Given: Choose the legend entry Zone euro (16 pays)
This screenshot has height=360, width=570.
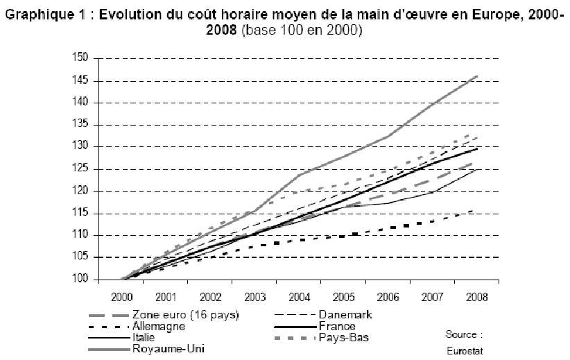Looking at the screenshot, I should [185, 315].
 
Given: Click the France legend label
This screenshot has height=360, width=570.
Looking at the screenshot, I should [338, 326].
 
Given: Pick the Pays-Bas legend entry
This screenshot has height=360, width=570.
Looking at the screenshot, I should [345, 337].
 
